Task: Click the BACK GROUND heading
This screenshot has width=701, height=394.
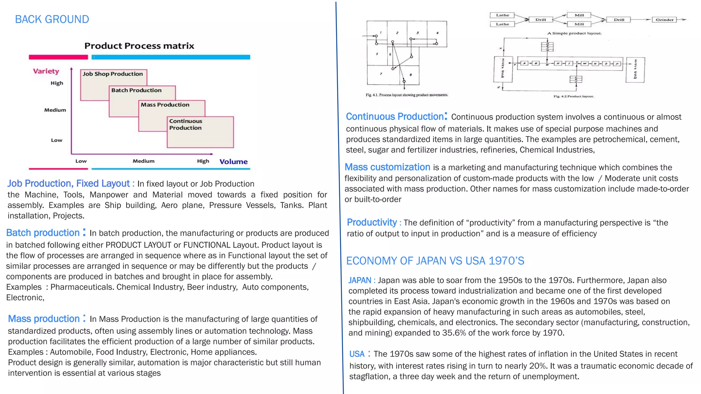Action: pos(52,19)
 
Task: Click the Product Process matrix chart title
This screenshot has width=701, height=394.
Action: pos(139,46)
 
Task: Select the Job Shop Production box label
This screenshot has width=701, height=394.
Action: pos(113,74)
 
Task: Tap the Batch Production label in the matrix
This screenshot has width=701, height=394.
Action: pos(136,90)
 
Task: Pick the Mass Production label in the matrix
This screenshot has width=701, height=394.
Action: pos(165,105)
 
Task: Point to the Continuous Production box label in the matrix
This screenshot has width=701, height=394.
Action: pos(186,124)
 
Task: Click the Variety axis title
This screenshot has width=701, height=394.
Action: pos(46,71)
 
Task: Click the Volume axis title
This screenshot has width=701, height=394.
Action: pos(233,162)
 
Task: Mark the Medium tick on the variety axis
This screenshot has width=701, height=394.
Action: pos(55,110)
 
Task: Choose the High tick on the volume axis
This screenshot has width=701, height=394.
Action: pos(203,161)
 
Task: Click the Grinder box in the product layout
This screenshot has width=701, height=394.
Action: pos(664,20)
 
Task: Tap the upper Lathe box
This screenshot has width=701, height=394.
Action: pos(502,15)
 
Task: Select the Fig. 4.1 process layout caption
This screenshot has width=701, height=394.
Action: pos(407,95)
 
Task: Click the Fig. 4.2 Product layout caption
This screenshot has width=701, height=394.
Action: pos(574,96)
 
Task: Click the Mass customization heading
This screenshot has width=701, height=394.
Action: pos(387,167)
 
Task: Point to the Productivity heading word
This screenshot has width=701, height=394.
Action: pos(372,223)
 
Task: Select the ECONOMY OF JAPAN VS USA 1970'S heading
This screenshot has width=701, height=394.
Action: pos(435,261)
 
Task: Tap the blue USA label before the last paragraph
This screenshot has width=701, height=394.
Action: pos(357,354)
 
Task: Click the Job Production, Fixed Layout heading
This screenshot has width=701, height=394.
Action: pos(68,184)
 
